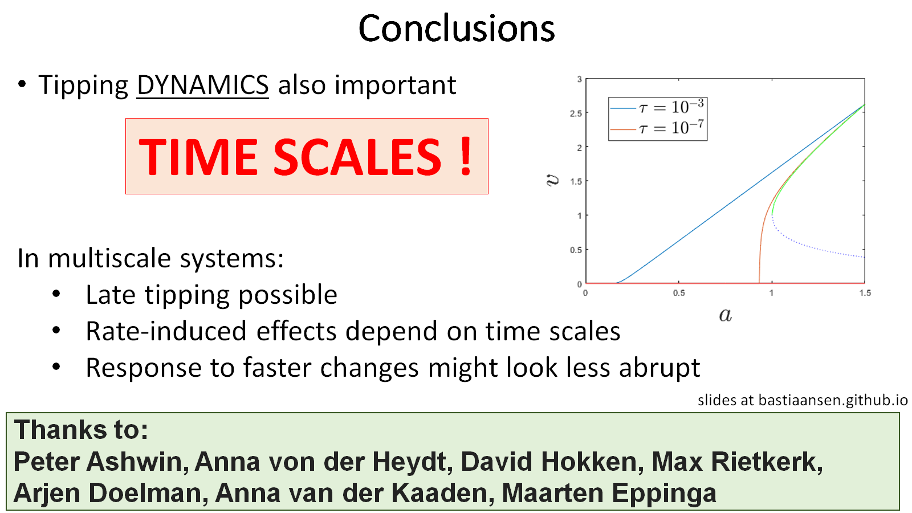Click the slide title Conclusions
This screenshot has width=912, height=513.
pyautogui.click(x=457, y=28)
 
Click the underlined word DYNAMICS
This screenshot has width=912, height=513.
pyautogui.click(x=203, y=85)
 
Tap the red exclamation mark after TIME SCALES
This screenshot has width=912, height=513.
pyautogui.click(x=466, y=156)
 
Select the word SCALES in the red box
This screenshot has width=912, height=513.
pyautogui.click(x=357, y=156)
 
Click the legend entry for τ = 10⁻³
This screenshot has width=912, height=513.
pyautogui.click(x=657, y=108)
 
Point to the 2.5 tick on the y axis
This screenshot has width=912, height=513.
pyautogui.click(x=576, y=113)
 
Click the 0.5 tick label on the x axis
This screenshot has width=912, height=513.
pyautogui.click(x=679, y=293)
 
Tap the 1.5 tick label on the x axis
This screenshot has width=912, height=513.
pyautogui.click(x=865, y=293)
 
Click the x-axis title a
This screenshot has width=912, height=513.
pyautogui.click(x=725, y=315)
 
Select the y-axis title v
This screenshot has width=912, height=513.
pyautogui.click(x=552, y=180)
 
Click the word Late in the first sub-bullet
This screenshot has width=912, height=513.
pyautogui.click(x=111, y=294)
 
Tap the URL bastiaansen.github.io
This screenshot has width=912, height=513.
pyautogui.click(x=833, y=400)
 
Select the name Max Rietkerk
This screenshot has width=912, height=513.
pyautogui.click(x=737, y=462)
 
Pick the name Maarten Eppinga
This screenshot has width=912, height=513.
pyautogui.click(x=609, y=494)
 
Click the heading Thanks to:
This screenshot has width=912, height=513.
pyautogui.click(x=81, y=430)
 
